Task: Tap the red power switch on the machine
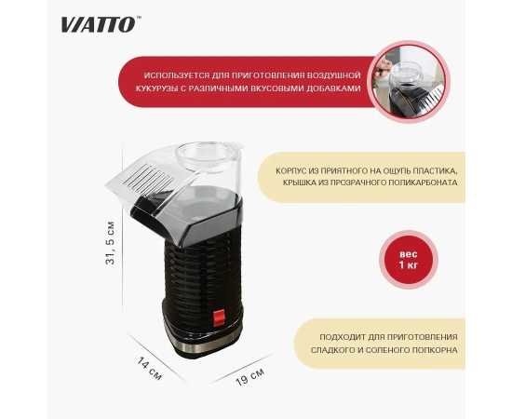pos(219,318)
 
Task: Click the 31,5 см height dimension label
pos(111,243)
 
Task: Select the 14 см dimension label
pos(149,369)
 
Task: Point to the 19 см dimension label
pos(249,377)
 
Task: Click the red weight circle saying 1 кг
pos(409,260)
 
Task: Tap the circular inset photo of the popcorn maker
pos(409,82)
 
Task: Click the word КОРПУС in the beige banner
pos(290,170)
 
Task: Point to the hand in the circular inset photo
pos(383,68)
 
